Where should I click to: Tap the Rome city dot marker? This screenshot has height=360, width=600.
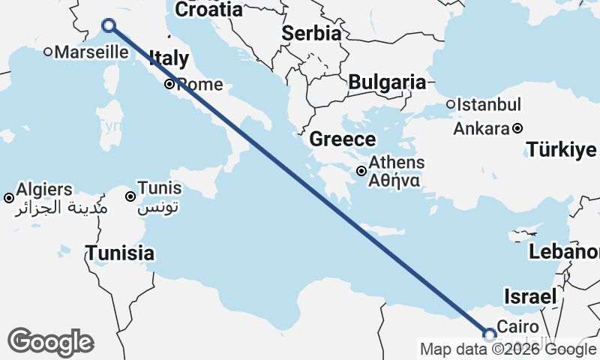point(170,85)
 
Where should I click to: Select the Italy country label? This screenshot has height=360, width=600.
point(169,59)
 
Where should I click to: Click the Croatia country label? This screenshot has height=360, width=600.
point(208,10)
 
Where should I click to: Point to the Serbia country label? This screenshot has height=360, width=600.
point(312,34)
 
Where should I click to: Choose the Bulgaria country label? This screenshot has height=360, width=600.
point(387,82)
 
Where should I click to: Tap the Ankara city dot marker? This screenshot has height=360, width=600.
point(517,128)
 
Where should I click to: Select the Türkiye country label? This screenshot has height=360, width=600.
point(561,149)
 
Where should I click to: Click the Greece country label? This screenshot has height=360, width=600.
point(343,139)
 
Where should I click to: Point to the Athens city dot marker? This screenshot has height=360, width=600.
point(361,171)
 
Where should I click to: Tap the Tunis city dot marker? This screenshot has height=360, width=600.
point(130,196)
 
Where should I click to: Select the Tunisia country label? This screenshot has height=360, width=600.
point(120,253)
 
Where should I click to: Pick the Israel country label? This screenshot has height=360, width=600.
point(531,296)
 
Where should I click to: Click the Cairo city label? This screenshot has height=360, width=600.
point(518,327)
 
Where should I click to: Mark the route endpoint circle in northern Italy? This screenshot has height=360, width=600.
point(109,25)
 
